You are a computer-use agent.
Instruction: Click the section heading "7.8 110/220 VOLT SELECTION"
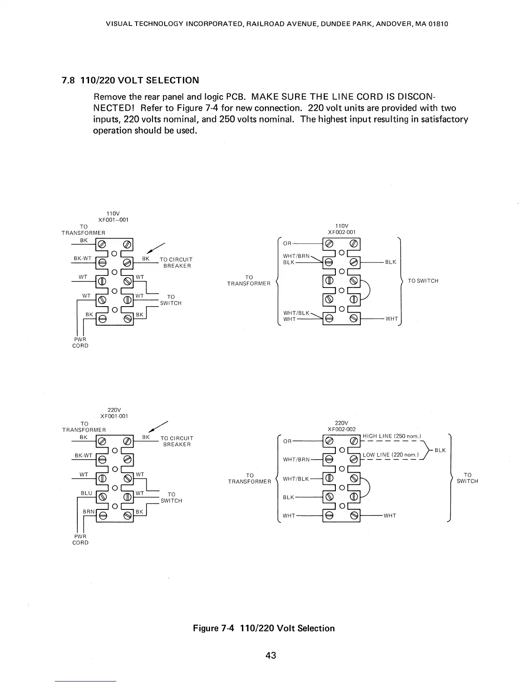point(131,80)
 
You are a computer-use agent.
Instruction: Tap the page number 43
point(271,655)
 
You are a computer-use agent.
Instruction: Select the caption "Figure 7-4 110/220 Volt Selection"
point(264,628)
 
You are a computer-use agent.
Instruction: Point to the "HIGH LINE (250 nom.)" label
point(392,436)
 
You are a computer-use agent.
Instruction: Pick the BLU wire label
point(87,493)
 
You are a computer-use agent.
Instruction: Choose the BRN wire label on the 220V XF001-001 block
point(89,512)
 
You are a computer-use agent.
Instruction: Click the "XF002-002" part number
point(341,429)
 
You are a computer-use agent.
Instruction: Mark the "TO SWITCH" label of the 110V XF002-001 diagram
point(423,281)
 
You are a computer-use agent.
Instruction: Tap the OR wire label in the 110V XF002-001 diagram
point(287,243)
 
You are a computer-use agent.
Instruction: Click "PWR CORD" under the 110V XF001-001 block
point(80,342)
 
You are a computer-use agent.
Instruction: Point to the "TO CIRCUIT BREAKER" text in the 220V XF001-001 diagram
point(177,442)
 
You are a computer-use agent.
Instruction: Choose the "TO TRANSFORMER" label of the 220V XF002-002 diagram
point(249,478)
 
